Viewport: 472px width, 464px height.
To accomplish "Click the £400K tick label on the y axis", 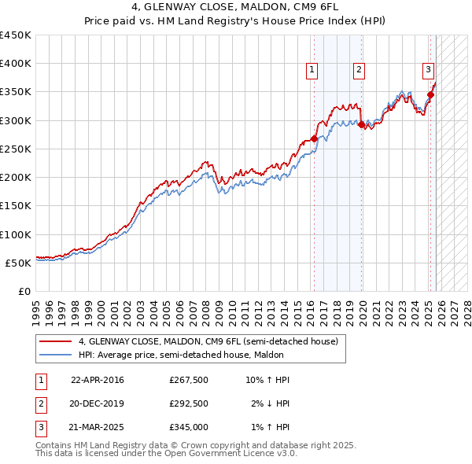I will click(16, 64).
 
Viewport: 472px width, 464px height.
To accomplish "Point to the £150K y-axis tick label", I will click(16, 206).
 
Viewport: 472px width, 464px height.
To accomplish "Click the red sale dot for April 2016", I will click(315, 138).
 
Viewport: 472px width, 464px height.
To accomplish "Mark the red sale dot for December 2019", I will click(361, 124).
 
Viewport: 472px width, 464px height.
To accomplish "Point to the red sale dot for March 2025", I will click(430, 94).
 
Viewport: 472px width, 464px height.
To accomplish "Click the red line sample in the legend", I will click(56, 341).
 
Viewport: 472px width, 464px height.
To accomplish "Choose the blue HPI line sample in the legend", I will click(56, 355).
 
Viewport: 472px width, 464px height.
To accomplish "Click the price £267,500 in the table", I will click(188, 380).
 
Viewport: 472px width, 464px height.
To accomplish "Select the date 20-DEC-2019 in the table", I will click(97, 403).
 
